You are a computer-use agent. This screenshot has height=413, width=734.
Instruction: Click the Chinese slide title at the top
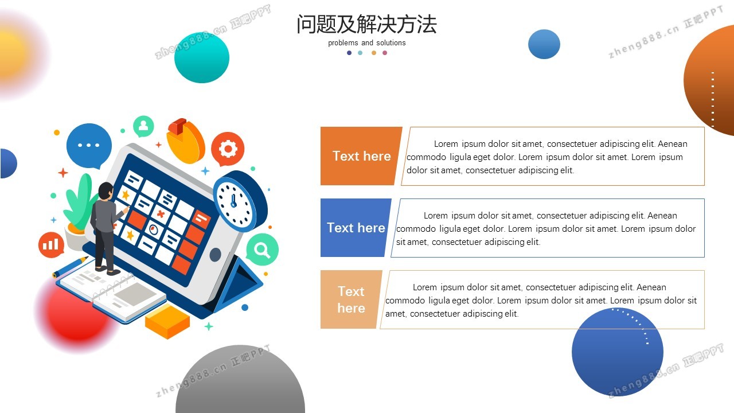click(366, 24)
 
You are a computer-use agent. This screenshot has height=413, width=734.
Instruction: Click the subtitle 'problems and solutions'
click(366, 43)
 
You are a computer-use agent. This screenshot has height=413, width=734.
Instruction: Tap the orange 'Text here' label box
click(361, 156)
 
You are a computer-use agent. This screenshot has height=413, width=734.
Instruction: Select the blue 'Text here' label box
click(356, 228)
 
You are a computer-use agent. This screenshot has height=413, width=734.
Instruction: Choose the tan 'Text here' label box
click(351, 299)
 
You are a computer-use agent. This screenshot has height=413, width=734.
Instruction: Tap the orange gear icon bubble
click(228, 149)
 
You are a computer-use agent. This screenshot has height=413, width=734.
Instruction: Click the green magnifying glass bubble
click(262, 250)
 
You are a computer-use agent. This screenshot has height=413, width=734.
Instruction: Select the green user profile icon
click(143, 126)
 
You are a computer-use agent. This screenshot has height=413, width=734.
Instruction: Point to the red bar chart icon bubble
click(51, 244)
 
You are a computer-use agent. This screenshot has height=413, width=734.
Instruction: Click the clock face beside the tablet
click(234, 203)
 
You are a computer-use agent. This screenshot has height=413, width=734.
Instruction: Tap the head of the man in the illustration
click(106, 191)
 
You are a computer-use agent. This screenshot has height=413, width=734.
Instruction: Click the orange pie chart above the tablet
click(185, 141)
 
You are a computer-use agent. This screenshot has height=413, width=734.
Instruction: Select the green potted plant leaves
click(80, 201)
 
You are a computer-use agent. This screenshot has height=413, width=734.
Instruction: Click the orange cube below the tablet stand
click(167, 321)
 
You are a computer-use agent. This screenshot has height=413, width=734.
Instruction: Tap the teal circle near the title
click(202, 57)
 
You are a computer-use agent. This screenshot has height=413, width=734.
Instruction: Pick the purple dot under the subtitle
click(349, 53)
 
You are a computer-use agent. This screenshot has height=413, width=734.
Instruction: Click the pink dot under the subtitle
click(385, 53)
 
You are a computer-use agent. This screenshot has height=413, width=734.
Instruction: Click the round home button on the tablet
click(215, 255)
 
